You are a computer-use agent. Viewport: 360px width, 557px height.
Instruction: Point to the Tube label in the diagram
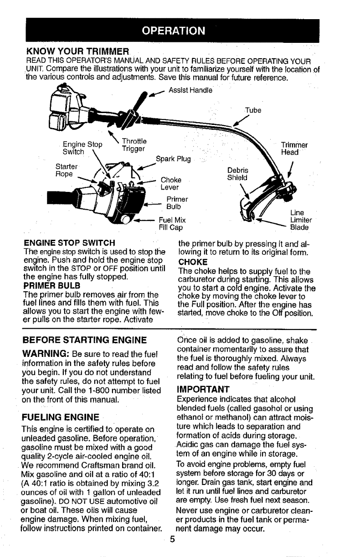pyautogui.click(x=251, y=110)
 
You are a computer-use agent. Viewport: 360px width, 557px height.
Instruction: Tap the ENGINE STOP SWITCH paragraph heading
pyautogui.click(x=68, y=241)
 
